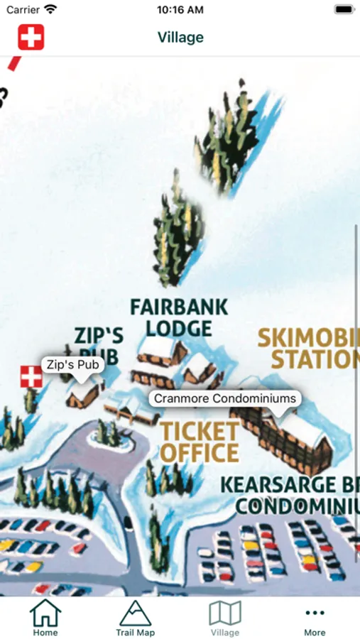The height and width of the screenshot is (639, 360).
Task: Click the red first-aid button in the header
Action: (31, 37)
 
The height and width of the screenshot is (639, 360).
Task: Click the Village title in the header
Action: (180, 37)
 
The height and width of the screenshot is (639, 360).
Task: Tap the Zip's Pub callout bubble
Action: (73, 365)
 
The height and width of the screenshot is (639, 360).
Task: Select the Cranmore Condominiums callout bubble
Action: (224, 398)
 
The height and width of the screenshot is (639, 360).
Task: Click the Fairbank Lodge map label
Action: (180, 317)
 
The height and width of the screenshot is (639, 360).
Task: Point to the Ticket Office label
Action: (199, 442)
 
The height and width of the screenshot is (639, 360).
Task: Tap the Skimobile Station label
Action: (309, 348)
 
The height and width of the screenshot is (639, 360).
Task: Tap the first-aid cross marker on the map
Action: (31, 377)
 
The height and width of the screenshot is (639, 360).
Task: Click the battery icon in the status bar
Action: (344, 10)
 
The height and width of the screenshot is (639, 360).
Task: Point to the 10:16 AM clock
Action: (180, 10)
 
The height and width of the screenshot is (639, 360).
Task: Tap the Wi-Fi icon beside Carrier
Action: (50, 10)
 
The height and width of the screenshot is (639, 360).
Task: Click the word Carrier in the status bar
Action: (23, 10)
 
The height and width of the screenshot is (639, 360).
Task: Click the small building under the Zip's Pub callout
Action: (84, 395)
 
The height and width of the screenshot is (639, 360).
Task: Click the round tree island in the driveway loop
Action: (109, 434)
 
